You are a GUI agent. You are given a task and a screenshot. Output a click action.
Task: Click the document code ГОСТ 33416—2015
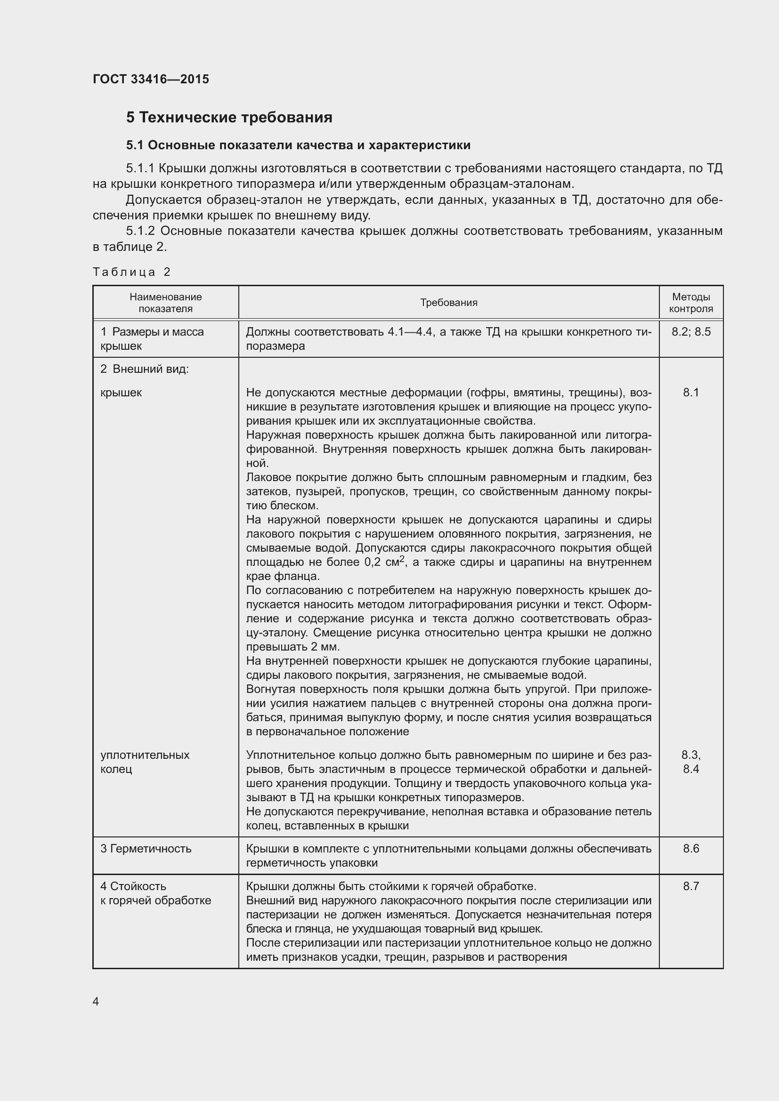[151, 79]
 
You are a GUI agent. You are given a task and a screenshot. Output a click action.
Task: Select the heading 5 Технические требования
[229, 118]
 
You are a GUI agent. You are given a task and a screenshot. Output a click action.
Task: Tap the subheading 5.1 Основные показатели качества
[298, 145]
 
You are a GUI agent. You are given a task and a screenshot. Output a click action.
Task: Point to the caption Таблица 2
[131, 273]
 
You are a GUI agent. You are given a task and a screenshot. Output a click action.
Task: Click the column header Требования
[448, 303]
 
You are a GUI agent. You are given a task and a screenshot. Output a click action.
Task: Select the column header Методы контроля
[691, 303]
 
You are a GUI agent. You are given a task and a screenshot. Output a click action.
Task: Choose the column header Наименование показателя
[165, 303]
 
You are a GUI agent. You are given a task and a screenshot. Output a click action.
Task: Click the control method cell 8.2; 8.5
[691, 332]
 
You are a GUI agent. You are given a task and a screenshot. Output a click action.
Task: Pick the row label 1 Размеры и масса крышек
[152, 338]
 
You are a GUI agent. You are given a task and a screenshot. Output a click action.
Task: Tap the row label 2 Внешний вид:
[145, 369]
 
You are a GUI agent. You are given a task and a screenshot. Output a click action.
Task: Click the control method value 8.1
[691, 393]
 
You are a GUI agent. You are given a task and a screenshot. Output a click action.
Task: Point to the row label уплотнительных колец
[145, 762]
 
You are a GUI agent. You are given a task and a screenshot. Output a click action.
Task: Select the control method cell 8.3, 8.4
[691, 762]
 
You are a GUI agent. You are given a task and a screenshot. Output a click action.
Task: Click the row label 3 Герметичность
[146, 848]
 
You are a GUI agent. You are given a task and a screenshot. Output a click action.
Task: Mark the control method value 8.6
[691, 848]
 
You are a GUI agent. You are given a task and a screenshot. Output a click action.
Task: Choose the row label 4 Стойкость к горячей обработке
[155, 893]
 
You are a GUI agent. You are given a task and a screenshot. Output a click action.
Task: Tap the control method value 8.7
[691, 886]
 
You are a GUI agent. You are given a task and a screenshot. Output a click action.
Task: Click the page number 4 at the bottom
[96, 1001]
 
